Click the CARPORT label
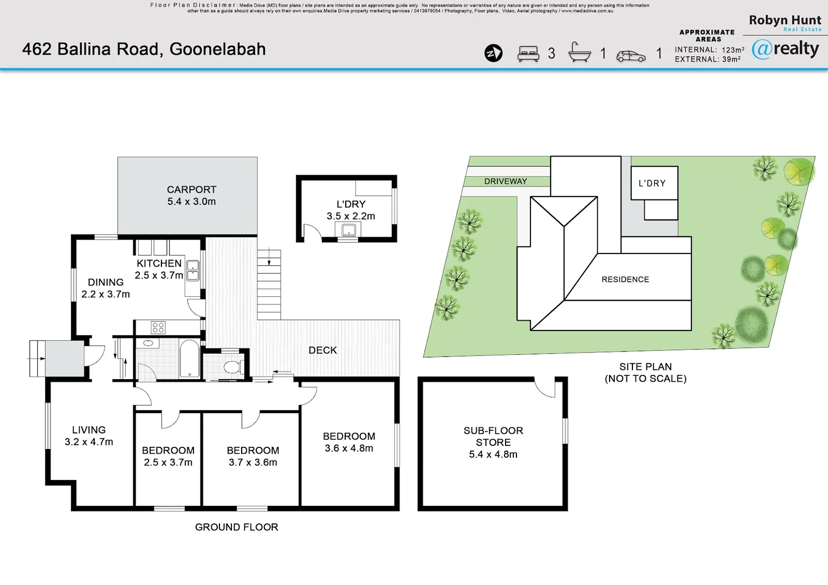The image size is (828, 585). point(191,190)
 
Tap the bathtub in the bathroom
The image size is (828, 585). point(189,357)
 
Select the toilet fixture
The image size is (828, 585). point(232,367)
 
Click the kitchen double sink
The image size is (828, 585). point(193,270)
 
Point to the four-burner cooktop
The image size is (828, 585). point(158,327)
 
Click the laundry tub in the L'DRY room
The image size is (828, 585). point(348,231)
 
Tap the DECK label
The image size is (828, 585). point(322,350)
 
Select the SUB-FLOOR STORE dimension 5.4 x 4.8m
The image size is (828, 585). point(493,454)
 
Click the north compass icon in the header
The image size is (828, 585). point(493,53)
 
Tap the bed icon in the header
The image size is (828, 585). point(528,54)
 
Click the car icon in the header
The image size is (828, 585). point(631,56)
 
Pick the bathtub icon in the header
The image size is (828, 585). point(579,53)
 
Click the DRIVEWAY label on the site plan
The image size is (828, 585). point(505,181)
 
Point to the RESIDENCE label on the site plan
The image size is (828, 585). point(625,279)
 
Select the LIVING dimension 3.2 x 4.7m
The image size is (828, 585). point(89,442)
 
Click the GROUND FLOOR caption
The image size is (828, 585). point(236,527)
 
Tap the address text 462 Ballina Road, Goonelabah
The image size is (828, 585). point(144,49)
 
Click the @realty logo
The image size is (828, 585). point(785,49)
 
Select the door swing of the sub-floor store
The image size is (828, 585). point(545,388)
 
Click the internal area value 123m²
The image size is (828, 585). point(733,50)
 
